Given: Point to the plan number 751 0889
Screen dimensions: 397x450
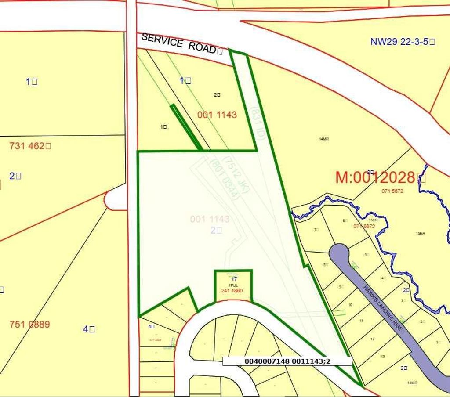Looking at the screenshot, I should [29, 325].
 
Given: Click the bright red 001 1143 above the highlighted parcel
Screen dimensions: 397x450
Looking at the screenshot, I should [217, 115].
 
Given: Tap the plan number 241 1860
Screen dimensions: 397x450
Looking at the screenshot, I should [232, 290].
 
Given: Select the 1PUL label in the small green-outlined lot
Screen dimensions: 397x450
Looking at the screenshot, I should [232, 285].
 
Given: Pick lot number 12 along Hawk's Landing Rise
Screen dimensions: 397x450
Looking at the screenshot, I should [372, 339].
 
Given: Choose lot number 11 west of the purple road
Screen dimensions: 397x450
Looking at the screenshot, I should [361, 321].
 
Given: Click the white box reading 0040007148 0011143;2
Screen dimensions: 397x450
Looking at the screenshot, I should [287, 361].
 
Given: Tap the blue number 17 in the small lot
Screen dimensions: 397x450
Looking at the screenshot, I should [234, 279].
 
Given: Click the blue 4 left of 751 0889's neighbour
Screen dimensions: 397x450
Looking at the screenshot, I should [89, 328].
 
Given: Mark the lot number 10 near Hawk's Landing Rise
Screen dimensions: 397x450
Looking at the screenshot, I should [350, 304].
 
